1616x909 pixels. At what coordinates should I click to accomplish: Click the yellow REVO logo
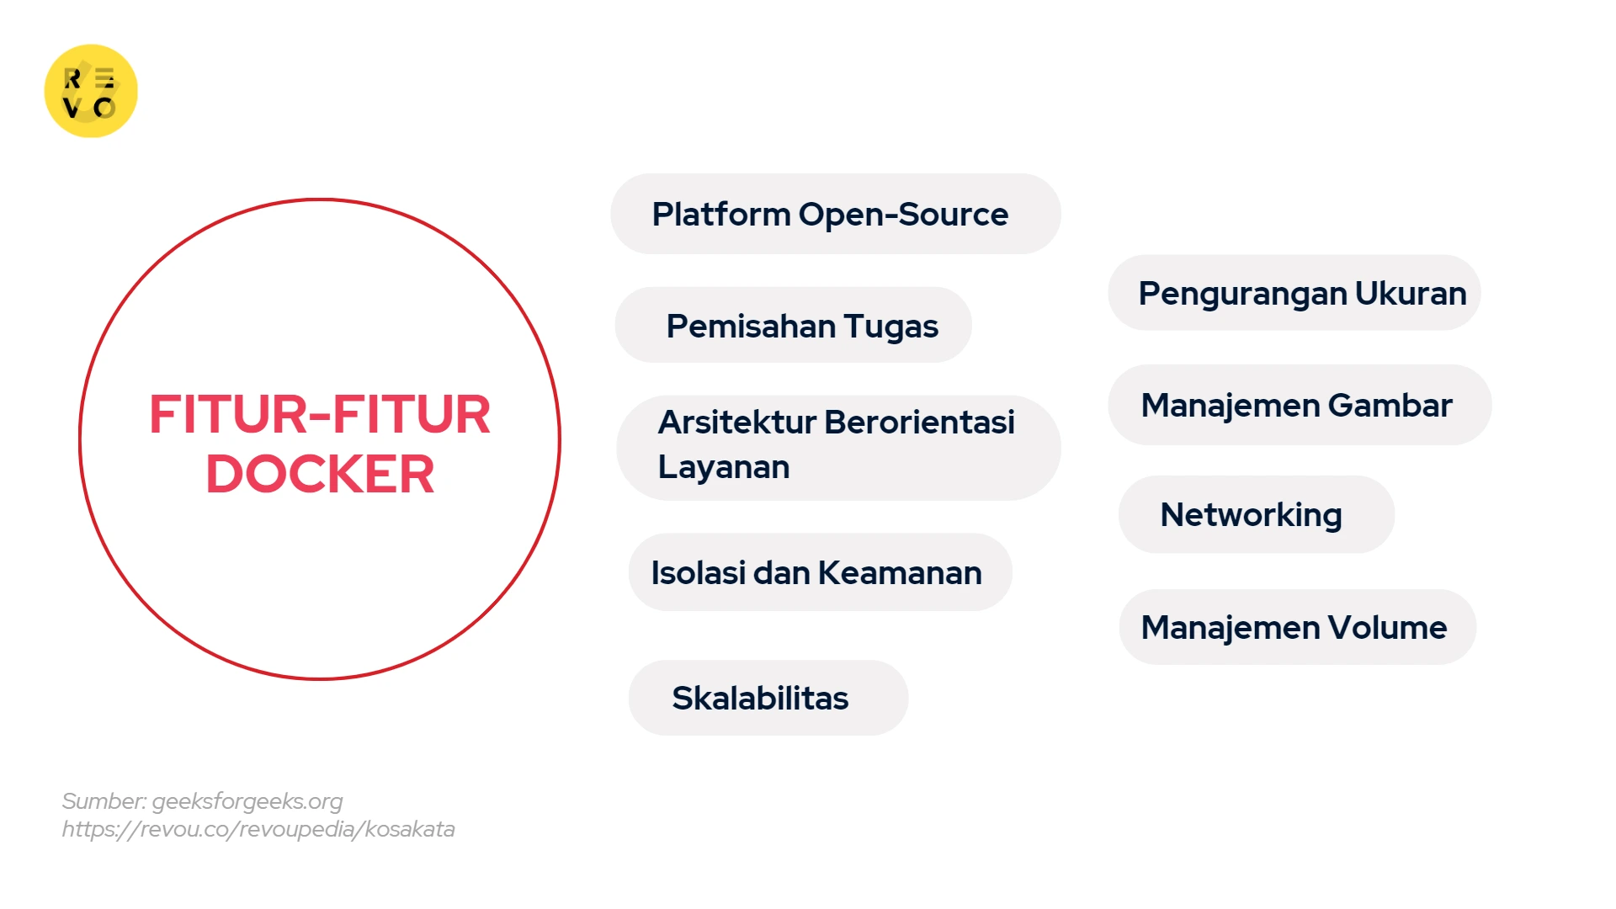click(x=91, y=91)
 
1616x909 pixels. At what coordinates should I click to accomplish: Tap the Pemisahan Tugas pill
click(x=793, y=326)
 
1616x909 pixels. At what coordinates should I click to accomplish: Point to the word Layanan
click(x=723, y=467)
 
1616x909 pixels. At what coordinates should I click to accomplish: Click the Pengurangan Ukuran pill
click(x=1294, y=293)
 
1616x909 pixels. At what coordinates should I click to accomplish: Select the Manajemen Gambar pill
click(x=1299, y=405)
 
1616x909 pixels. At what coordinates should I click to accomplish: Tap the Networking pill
click(x=1255, y=514)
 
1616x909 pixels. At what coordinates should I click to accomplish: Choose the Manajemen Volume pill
click(x=1296, y=627)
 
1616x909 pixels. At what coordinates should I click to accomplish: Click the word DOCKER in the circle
click(x=320, y=474)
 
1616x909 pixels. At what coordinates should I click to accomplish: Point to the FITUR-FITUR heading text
click(x=320, y=414)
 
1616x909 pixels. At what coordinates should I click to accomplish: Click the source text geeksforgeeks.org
click(x=247, y=801)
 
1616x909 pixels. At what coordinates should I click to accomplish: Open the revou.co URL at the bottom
click(x=258, y=830)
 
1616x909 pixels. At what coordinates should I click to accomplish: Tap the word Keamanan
click(x=900, y=573)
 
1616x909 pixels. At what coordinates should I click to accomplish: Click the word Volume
click(x=1387, y=628)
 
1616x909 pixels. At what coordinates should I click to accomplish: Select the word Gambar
click(x=1390, y=406)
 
